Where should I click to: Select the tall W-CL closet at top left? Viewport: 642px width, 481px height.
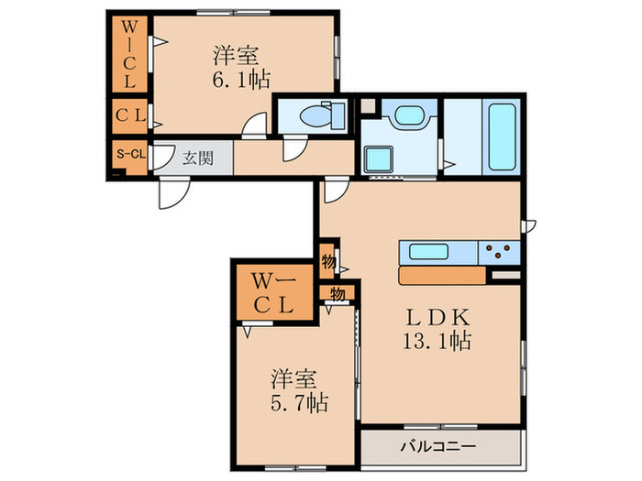[130, 54]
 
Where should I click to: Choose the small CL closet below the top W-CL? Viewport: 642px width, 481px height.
[129, 116]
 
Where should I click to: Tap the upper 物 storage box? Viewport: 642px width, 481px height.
[328, 261]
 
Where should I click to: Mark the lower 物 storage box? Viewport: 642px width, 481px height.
[336, 294]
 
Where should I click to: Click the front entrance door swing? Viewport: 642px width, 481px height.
[172, 191]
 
